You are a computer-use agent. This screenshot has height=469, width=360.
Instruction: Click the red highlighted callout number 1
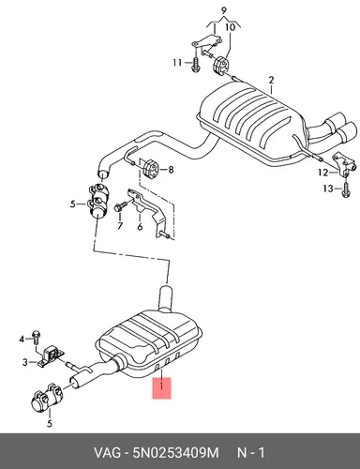pyautogui.click(x=161, y=387)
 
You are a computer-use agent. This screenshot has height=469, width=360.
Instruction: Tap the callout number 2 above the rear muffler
pyautogui.click(x=271, y=80)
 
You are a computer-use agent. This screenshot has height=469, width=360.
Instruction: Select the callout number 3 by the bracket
pyautogui.click(x=25, y=362)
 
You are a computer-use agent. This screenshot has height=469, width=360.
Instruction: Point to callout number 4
pyautogui.click(x=22, y=339)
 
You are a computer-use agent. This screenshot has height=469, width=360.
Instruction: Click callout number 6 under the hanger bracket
pyautogui.click(x=140, y=226)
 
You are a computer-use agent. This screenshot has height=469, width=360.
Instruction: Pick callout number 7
pyautogui.click(x=120, y=226)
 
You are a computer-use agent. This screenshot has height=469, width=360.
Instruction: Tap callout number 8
pyautogui.click(x=171, y=170)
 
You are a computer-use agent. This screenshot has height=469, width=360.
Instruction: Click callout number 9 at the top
pyautogui.click(x=223, y=10)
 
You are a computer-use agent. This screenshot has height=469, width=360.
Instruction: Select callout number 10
pyautogui.click(x=230, y=27)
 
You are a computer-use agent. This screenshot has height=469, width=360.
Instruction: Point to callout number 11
pyautogui.click(x=177, y=63)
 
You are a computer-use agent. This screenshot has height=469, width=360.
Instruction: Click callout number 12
pyautogui.click(x=323, y=173)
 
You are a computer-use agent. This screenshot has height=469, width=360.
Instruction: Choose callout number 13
pyautogui.click(x=328, y=189)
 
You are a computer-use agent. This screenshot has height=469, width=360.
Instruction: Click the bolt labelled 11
pyautogui.click(x=195, y=65)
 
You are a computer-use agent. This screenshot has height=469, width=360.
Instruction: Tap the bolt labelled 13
pyautogui.click(x=346, y=189)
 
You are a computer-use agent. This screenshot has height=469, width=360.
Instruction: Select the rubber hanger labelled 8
pyautogui.click(x=151, y=169)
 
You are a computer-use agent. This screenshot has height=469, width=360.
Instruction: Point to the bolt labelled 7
pyautogui.click(x=121, y=206)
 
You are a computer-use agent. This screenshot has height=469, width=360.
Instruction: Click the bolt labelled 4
pyautogui.click(x=36, y=336)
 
